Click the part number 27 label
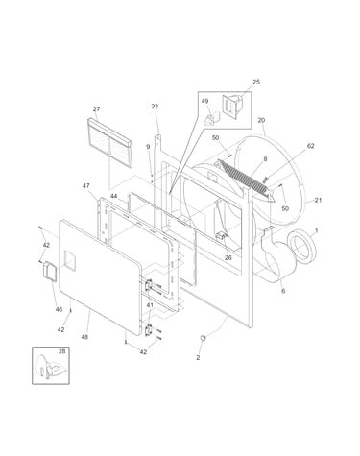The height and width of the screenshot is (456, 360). click(96, 109)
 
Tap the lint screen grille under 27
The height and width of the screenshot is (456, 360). click(109, 142)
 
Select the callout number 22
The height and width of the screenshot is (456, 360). click(155, 107)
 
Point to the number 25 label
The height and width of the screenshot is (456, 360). click(256, 82)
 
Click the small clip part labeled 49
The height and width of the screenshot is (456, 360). click(211, 118)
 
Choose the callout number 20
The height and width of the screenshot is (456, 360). click(261, 121)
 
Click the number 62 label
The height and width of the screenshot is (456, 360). click(311, 146)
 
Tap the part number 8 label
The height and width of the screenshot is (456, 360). click(265, 159)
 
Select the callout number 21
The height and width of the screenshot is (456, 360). click(318, 200)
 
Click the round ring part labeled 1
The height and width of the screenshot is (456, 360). click(302, 248)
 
